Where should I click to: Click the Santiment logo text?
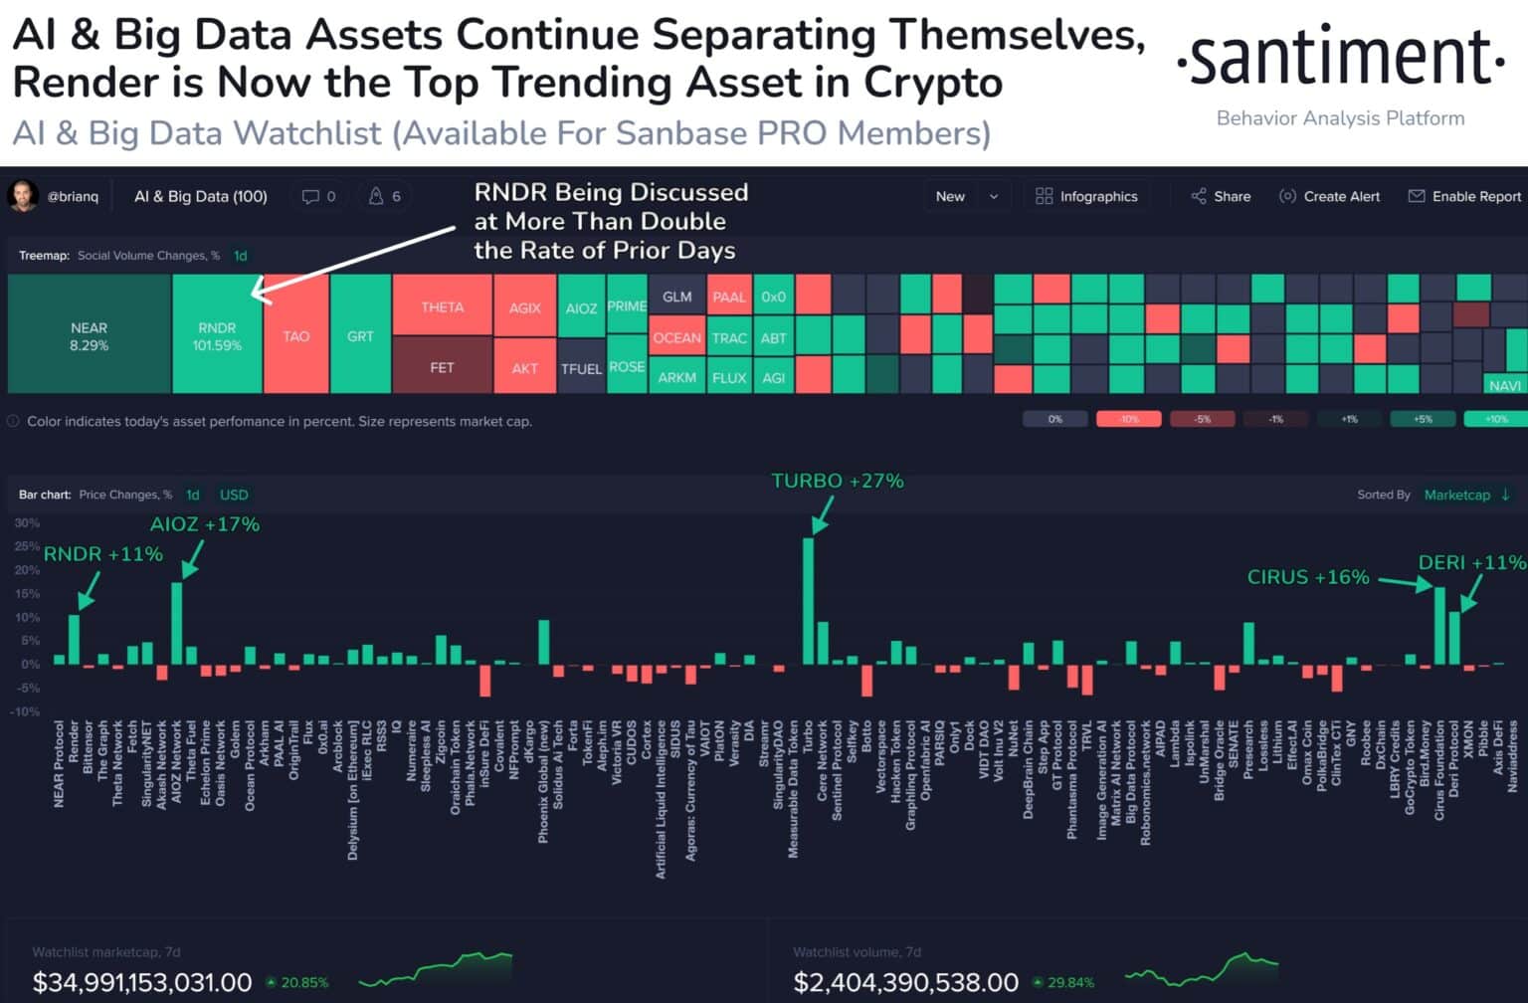1340,59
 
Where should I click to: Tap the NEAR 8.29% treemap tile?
89,335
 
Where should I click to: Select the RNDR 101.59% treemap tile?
217,335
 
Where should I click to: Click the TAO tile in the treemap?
295,336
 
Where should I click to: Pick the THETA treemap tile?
442,306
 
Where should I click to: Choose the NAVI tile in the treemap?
1504,385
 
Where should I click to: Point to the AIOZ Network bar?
176,623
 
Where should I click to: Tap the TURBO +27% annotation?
837,482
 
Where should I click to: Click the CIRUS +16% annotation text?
1307,577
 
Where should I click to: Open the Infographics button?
1086,196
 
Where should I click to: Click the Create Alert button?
1329,196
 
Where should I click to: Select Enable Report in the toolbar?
1464,196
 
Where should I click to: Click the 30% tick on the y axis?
27,522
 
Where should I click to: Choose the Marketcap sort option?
1456,495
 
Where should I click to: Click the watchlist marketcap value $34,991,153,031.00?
142,982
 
